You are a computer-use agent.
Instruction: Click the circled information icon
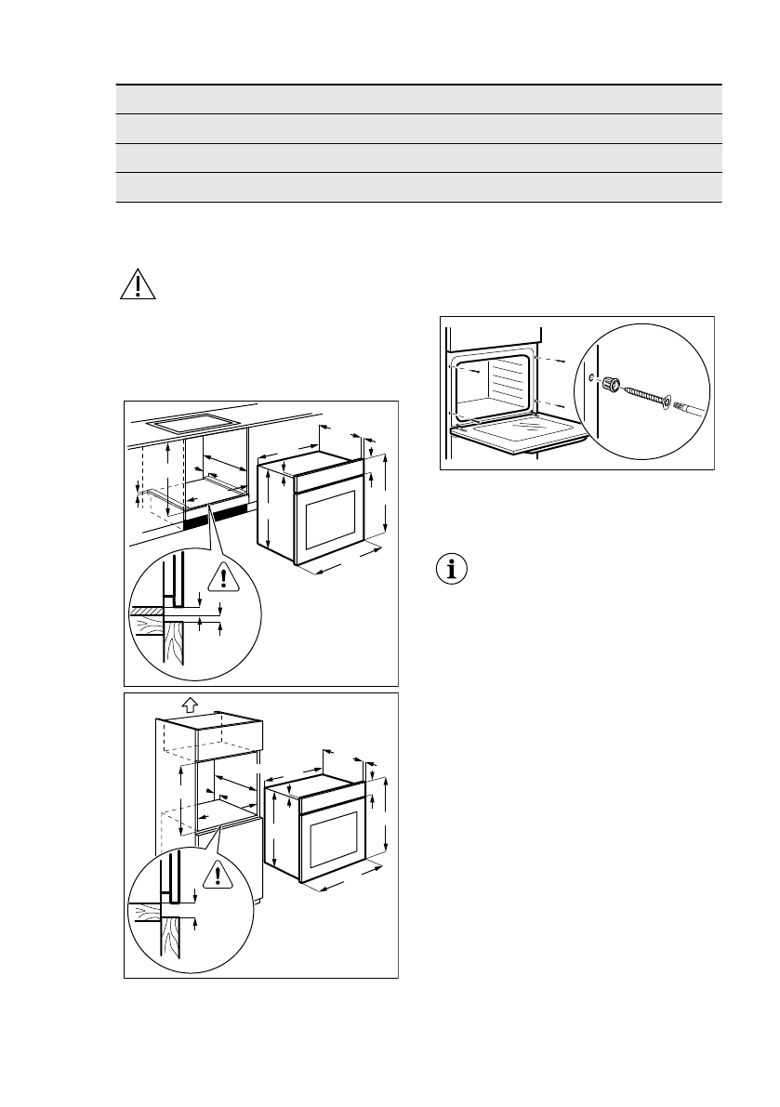point(452,570)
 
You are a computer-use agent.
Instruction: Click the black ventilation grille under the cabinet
point(216,518)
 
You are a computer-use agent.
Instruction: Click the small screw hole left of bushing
point(592,376)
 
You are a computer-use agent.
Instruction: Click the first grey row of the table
point(418,99)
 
